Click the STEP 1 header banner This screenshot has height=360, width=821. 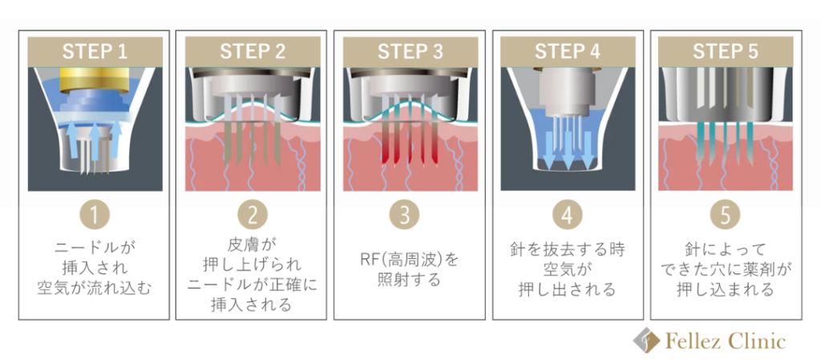[95, 52]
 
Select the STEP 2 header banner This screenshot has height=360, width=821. [252, 52]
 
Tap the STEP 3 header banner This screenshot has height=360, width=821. [410, 52]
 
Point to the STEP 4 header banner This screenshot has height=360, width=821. [567, 52]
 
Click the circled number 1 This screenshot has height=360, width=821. [95, 216]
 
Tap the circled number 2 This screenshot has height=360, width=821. [252, 216]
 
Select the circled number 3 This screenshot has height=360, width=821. [410, 216]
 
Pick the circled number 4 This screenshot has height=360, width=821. [567, 216]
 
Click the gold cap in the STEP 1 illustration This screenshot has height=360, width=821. [95, 79]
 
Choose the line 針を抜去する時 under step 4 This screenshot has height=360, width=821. [567, 249]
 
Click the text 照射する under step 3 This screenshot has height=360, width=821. [410, 281]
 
